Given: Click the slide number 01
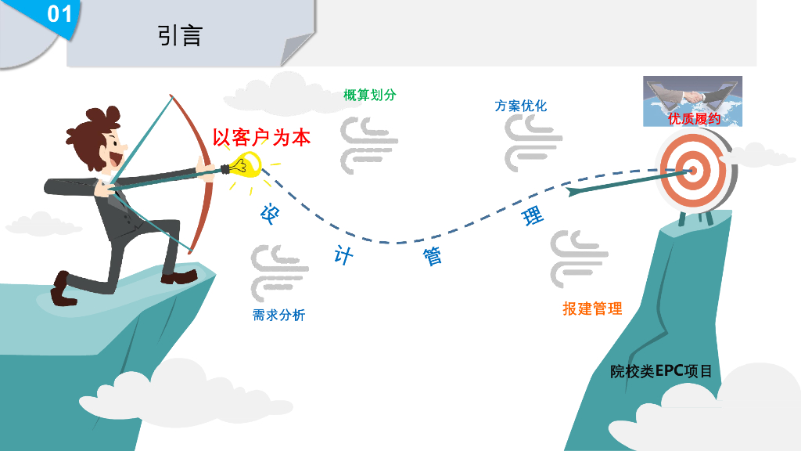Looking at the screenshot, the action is coord(59,14).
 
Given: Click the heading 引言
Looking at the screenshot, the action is coord(180,35).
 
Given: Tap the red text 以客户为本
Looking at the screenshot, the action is coord(261,138).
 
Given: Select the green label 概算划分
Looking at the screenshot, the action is coord(370,96).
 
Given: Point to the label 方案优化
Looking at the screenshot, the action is coord(520,106).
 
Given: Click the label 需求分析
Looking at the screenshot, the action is coord(278,316).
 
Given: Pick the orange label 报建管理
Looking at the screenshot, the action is coord(592,308).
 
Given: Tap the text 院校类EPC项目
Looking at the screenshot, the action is coord(661,371).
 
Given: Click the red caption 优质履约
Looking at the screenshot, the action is coord(694,119).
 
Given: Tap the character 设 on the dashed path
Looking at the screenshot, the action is coord(270,214).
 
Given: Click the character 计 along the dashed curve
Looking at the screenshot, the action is coord(343,254).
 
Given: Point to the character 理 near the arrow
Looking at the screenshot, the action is coord(533,215).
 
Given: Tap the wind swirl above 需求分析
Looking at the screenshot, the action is coord(279,271).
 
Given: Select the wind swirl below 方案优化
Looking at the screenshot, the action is coord(533,143).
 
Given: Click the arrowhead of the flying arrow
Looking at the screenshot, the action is coord(575,189).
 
